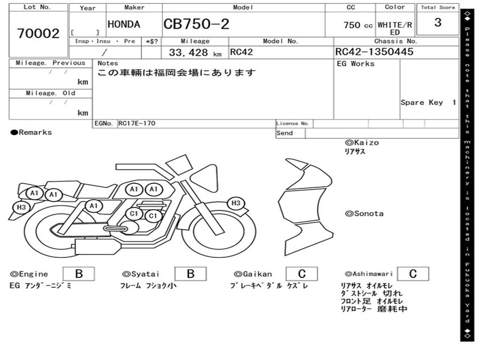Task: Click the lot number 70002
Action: [38, 33]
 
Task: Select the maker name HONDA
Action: [124, 24]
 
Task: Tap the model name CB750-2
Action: [196, 24]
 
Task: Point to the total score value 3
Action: [438, 22]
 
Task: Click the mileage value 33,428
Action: [188, 52]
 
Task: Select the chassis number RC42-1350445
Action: [375, 52]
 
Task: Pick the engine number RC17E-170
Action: [137, 123]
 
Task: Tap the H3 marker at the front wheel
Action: [236, 203]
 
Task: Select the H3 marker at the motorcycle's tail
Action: [21, 207]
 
